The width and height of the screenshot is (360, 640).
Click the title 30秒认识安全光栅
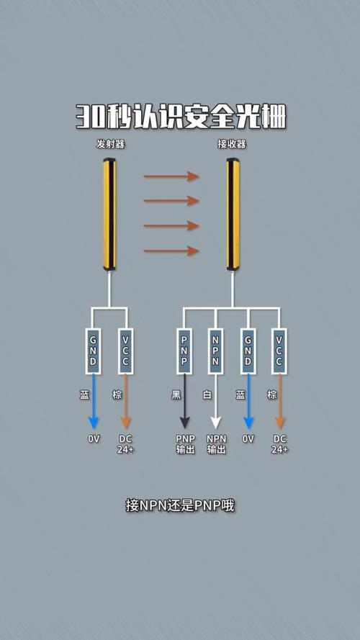(181, 117)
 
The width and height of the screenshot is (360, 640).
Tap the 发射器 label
(110, 144)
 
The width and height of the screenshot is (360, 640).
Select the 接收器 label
(233, 144)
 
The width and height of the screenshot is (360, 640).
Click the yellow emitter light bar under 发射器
(109, 215)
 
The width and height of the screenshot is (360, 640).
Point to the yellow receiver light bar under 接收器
(233, 215)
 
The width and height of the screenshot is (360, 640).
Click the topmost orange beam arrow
(171, 176)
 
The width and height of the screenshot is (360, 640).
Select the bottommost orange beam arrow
(171, 251)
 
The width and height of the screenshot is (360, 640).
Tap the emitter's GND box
(93, 351)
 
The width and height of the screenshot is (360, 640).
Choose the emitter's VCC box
(126, 351)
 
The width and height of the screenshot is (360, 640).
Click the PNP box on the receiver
(184, 351)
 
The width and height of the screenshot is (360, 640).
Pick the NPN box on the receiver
(215, 351)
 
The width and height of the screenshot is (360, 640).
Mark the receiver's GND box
(248, 351)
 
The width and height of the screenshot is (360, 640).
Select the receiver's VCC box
(279, 351)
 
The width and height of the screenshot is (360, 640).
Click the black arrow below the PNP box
(184, 401)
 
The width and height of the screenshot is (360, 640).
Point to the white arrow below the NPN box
(215, 401)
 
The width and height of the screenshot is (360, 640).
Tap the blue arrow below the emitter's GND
(93, 401)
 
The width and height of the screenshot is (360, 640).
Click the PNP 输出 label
(186, 444)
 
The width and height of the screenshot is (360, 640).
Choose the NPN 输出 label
(216, 444)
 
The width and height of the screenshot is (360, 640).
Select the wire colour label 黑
(176, 395)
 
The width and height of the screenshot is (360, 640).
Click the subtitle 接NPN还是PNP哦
(180, 505)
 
